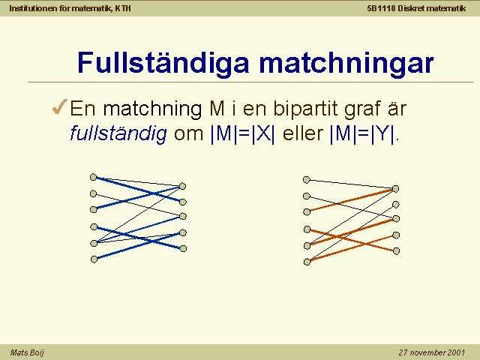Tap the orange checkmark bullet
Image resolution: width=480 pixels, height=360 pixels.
click(x=60, y=106)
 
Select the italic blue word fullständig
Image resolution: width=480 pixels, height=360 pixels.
click(x=118, y=134)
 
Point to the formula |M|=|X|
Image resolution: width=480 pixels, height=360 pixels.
click(x=243, y=133)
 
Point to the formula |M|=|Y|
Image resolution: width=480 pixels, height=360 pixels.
click(x=362, y=133)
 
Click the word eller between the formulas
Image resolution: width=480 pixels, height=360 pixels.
click(x=303, y=133)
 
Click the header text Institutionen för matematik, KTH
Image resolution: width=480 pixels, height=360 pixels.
click(x=70, y=8)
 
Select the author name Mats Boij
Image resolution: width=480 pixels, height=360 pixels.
click(x=27, y=352)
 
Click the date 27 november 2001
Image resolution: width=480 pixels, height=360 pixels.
click(x=432, y=352)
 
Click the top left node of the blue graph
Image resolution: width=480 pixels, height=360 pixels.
click(x=93, y=177)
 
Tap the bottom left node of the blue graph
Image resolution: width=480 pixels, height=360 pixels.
click(x=94, y=259)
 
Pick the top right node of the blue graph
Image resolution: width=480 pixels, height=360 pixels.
click(x=182, y=186)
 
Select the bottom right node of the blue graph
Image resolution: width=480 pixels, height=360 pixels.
click(x=183, y=248)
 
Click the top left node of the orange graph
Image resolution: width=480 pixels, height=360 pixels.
click(x=307, y=180)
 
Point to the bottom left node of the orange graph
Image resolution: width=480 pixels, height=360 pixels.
click(x=307, y=262)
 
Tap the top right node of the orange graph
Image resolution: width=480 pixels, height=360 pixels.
click(x=395, y=188)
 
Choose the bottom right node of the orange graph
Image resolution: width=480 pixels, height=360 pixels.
click(x=396, y=251)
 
